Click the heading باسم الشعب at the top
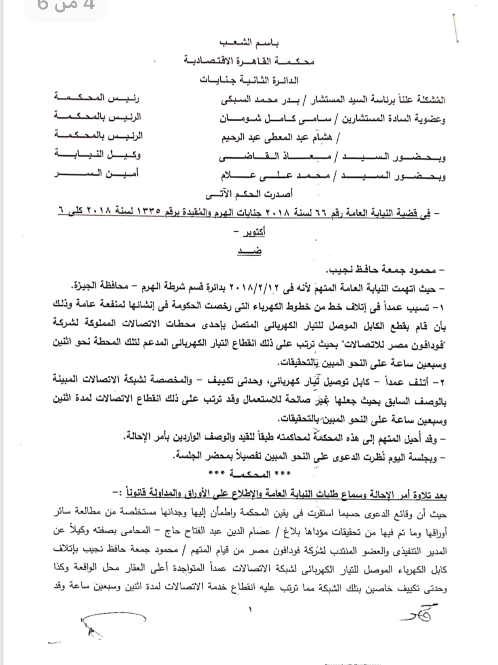coord(249,42)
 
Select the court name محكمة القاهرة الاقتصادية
coord(249,61)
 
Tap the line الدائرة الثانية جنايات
coord(249,80)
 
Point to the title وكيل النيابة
coord(98,155)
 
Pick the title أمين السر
coord(97,173)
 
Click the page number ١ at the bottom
coord(250,608)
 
